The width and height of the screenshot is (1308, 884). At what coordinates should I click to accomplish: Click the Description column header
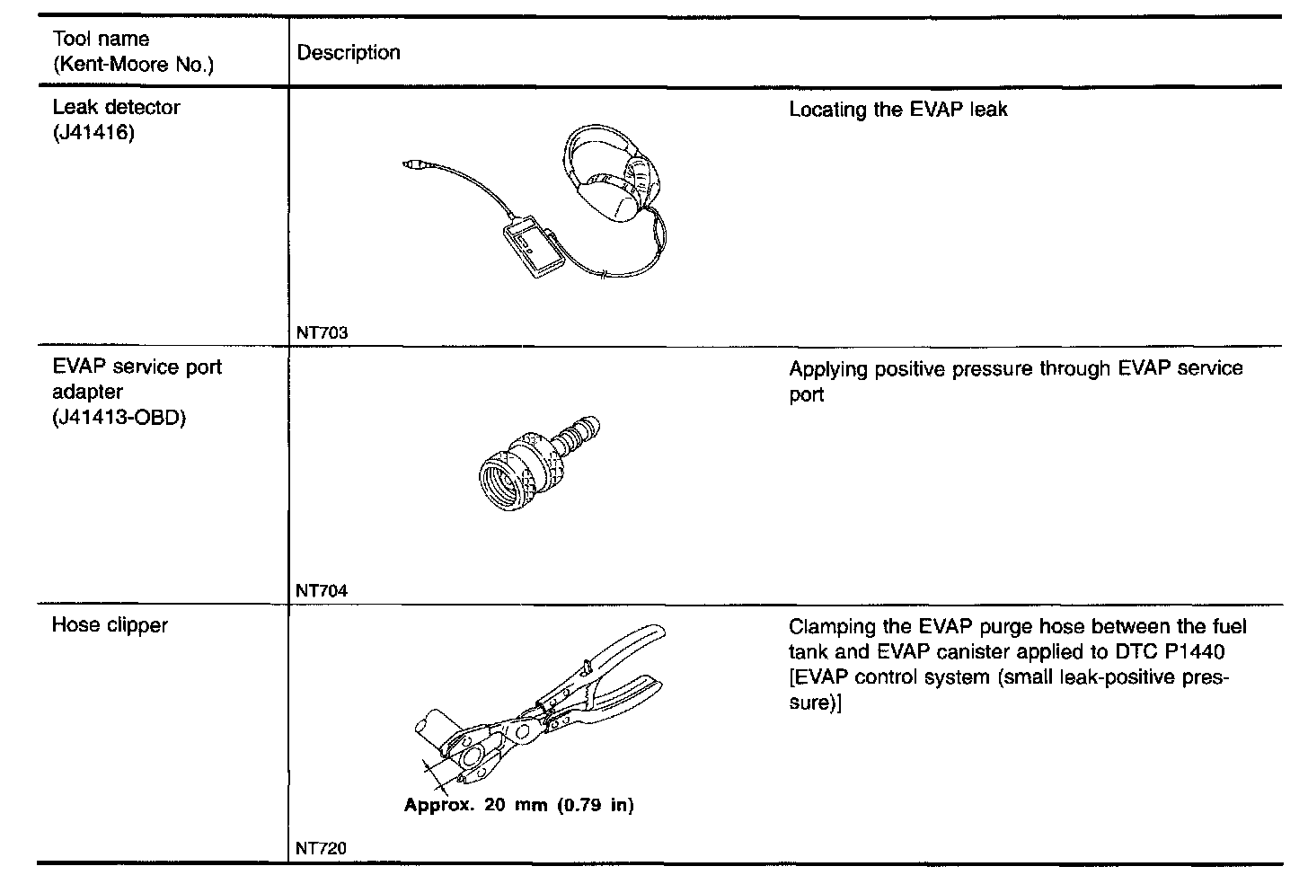point(349,53)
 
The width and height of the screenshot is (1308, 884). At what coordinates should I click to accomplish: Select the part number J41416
point(93,134)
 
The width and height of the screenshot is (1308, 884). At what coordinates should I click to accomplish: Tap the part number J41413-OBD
point(119,418)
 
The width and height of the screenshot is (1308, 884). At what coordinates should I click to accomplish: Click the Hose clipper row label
point(110,625)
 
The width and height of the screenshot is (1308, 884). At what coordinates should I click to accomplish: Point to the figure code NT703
point(322,332)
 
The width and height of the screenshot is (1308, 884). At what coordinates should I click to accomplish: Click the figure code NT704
point(322,591)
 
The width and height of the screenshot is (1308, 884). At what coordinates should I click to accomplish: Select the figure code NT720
point(321,848)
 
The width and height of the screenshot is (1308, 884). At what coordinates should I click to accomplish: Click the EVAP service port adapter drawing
point(535,464)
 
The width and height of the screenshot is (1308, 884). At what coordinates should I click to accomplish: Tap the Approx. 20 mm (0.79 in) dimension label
point(518,805)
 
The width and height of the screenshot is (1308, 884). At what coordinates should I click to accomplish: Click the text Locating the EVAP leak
point(898,110)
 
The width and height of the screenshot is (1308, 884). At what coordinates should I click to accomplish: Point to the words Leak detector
point(116,108)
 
